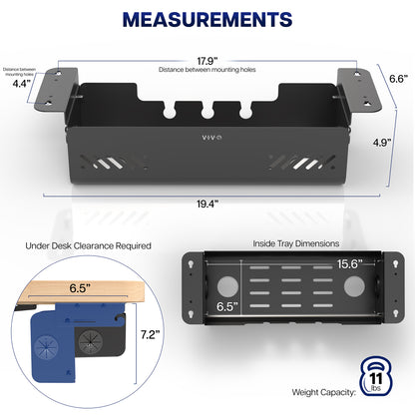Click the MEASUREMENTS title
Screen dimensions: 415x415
(207, 20)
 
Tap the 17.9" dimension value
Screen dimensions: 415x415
(207, 61)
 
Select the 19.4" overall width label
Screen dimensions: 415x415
(207, 204)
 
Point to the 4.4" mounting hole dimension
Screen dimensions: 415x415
(22, 84)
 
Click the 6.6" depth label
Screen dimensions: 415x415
(399, 79)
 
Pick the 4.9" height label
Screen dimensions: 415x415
(382, 143)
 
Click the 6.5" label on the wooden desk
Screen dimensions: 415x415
(80, 288)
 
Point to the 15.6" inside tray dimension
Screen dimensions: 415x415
(349, 264)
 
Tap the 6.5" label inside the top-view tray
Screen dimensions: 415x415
(227, 306)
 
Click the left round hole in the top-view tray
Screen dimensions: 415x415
(227, 286)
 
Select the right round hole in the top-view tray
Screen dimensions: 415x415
(354, 286)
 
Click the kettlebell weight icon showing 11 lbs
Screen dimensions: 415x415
(376, 376)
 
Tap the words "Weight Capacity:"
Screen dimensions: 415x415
(324, 392)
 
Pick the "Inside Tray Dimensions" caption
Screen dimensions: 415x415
(296, 243)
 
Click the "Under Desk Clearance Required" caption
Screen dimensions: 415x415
(88, 246)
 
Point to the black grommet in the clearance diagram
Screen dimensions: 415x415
(90, 342)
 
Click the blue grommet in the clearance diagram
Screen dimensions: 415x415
(46, 347)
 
